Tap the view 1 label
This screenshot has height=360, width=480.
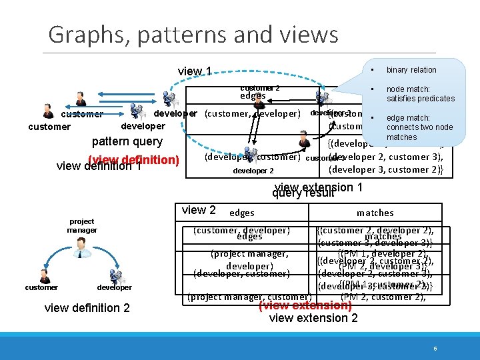(x=195, y=71)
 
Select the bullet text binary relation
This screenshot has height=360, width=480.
(x=411, y=70)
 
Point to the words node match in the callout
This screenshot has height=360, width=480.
(x=408, y=89)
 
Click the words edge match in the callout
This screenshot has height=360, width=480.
(x=408, y=118)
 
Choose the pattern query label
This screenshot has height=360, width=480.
(x=127, y=141)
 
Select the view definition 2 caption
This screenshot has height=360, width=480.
(x=87, y=307)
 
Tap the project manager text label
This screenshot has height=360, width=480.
(x=81, y=225)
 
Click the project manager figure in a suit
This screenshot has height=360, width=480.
(x=81, y=247)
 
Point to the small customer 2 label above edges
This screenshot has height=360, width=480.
(x=259, y=88)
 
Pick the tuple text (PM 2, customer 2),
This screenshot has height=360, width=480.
(x=383, y=297)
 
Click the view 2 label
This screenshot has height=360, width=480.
(x=199, y=210)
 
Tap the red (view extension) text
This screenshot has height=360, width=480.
(x=305, y=305)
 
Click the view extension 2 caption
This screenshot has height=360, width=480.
(x=313, y=318)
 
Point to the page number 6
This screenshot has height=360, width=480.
(x=435, y=349)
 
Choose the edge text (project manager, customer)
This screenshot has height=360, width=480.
(x=250, y=297)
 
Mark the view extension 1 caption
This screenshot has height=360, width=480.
(x=319, y=187)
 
